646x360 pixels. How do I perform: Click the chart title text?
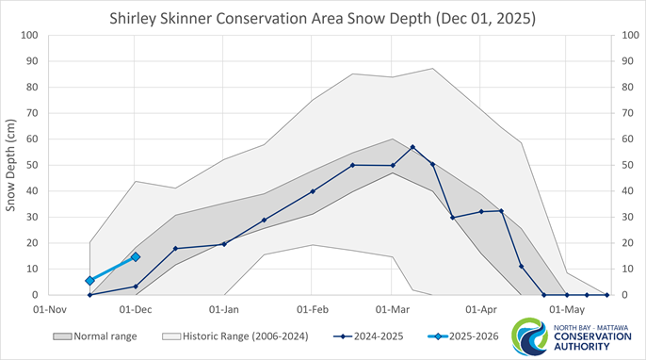click(x=323, y=17)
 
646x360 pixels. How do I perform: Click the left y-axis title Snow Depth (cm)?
click(x=12, y=165)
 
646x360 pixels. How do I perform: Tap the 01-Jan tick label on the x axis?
click(x=224, y=308)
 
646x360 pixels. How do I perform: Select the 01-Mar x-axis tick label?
click(x=393, y=308)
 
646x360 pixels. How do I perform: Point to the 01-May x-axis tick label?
click(x=566, y=308)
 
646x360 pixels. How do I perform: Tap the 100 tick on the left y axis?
click(x=28, y=36)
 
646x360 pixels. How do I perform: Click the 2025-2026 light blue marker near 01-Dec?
click(x=136, y=256)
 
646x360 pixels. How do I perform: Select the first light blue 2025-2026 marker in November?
click(x=89, y=281)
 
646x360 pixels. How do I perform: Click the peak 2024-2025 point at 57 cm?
click(x=412, y=147)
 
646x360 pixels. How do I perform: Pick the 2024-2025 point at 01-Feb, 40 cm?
click(x=313, y=191)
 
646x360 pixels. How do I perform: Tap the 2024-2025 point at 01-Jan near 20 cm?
click(x=224, y=244)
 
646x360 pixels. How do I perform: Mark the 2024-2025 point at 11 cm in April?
click(x=522, y=267)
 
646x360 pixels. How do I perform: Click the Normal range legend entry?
click(x=94, y=336)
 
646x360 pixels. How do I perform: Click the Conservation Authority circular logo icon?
click(x=526, y=336)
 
